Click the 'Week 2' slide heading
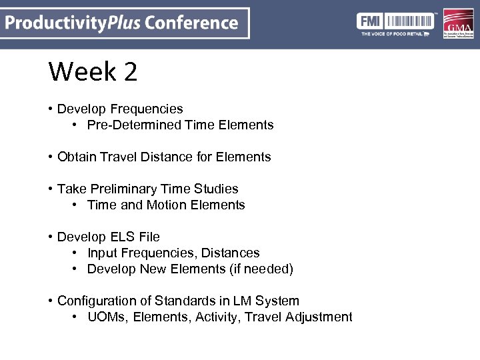click(x=93, y=72)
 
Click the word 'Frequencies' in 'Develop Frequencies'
click(x=147, y=109)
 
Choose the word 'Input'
click(x=102, y=253)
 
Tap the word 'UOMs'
click(x=107, y=317)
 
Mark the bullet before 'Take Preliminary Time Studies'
click(x=51, y=189)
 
